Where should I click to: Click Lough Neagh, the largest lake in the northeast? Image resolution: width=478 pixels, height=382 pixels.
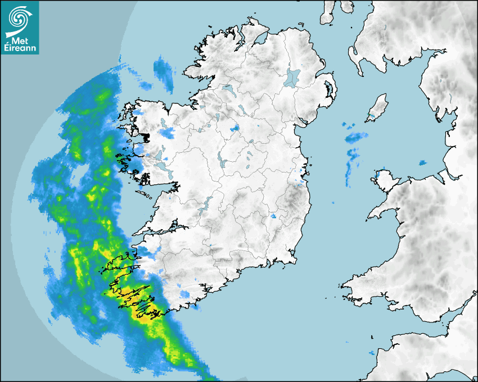(293, 77)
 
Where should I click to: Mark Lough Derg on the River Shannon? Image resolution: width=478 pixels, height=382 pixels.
(207, 203)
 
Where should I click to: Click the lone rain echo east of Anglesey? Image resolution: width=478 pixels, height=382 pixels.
(422, 163)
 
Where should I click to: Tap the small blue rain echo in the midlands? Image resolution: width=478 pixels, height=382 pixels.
(236, 128)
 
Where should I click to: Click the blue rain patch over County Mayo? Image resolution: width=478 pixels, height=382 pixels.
(167, 133)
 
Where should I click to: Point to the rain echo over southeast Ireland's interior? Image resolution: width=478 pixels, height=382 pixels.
(274, 216)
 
